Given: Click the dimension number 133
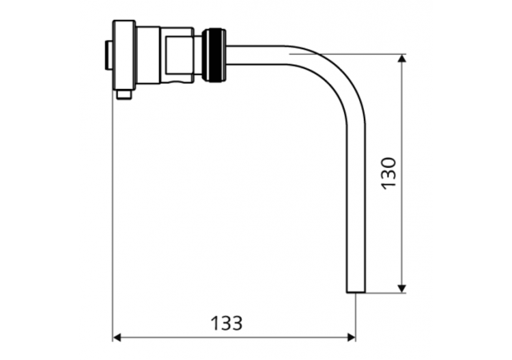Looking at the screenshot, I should click(x=227, y=322).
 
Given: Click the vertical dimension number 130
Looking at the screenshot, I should click(x=388, y=174).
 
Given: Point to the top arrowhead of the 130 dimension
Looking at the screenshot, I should click(x=402, y=59).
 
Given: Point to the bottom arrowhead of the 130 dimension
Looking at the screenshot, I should click(x=402, y=288).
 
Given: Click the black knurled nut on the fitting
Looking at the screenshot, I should click(x=215, y=55).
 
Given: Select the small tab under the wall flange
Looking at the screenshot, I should click(x=124, y=94).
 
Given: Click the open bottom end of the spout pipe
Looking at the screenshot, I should click(x=356, y=292).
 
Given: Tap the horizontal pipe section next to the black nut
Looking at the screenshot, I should click(x=256, y=55).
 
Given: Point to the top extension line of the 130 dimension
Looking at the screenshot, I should click(x=348, y=54).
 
